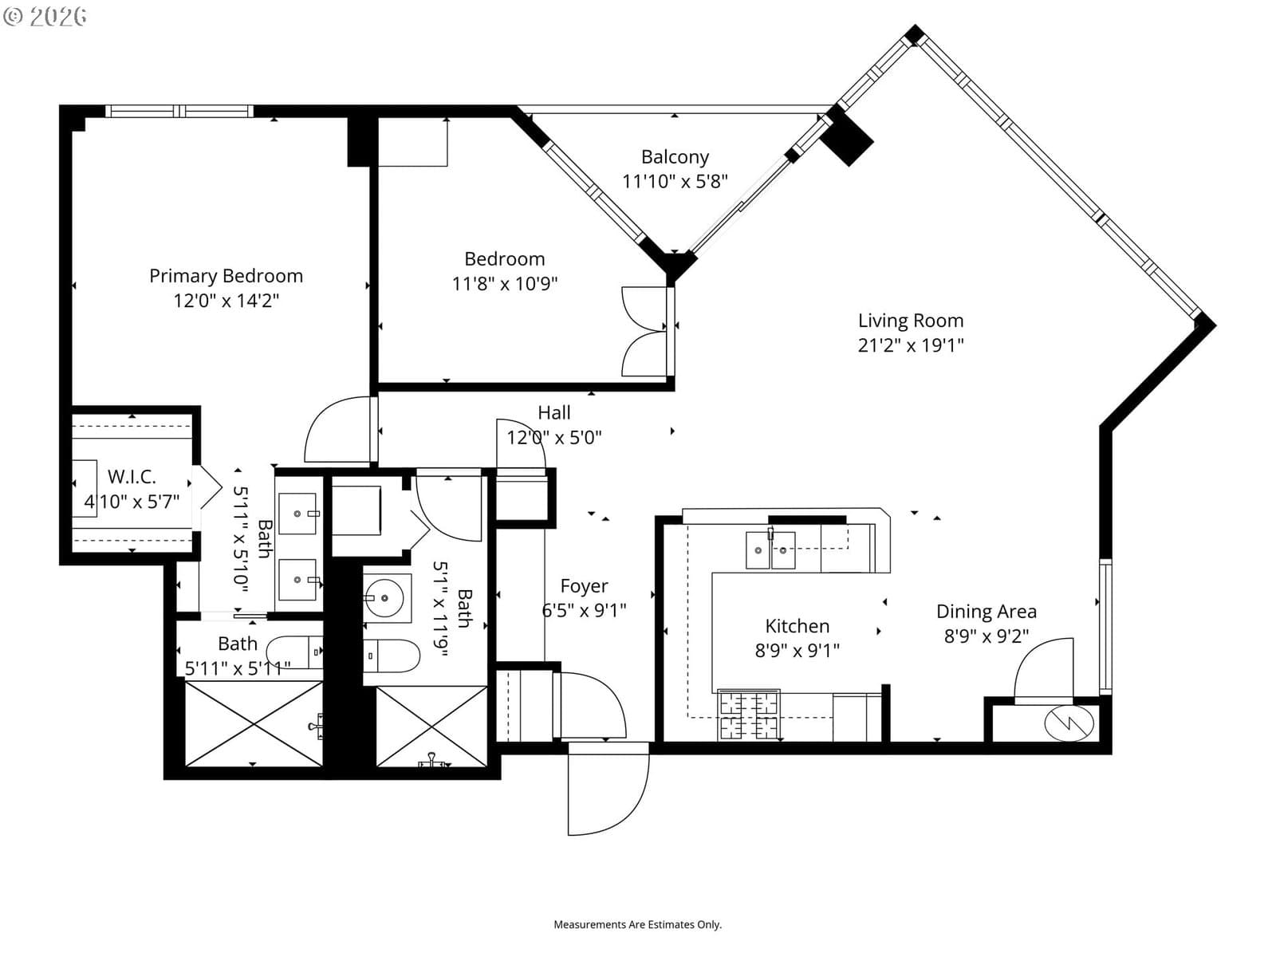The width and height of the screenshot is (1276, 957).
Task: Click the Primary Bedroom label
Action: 226,276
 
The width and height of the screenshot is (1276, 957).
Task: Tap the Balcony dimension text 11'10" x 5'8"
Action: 675,182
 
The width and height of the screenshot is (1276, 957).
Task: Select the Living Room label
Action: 911,321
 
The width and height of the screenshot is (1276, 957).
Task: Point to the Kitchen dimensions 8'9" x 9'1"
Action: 797,651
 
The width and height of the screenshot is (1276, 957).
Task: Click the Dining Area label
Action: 987,612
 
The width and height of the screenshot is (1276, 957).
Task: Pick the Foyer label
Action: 585,586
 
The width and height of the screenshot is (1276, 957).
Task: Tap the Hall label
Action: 554,413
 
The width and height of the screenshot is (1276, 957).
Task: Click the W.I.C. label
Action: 132,477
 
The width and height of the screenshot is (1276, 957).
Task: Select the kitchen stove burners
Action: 749,715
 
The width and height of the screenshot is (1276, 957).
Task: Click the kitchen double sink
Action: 771,549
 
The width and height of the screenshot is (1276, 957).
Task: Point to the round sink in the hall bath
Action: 384,598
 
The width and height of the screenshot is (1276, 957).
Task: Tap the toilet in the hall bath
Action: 392,656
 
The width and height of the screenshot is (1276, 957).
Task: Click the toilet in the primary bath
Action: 295,652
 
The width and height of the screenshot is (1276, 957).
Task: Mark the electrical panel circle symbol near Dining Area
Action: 1069,723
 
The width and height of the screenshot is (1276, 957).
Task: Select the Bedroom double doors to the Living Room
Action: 644,331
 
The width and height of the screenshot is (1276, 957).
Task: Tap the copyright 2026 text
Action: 45,16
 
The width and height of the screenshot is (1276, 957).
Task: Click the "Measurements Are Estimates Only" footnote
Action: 638,924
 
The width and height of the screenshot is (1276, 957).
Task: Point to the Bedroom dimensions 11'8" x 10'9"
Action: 505,284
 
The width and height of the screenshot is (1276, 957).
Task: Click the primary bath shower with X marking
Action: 254,724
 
